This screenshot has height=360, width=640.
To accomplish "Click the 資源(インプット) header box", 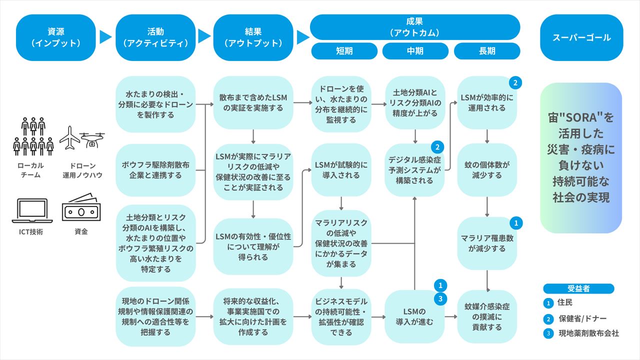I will coord(55,37).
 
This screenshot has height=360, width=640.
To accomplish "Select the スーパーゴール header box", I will coord(581,37).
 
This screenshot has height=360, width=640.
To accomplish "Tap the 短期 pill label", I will coord(343,51).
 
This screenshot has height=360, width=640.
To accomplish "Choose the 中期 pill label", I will coord(415,51).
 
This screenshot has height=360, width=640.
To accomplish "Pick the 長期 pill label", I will coord(487,51).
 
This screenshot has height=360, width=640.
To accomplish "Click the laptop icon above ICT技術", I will coord(32,210).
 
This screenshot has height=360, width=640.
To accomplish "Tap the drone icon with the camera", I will coord(92,140).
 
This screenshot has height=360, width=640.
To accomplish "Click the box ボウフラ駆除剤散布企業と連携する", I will coord(155,170).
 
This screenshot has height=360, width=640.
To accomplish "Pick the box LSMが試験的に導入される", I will coord(341,170).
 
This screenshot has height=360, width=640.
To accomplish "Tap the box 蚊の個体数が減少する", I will coord(487,170).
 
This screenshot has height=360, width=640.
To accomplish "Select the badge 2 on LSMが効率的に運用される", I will coord(515,82).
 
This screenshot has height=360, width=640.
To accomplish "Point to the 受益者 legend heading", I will coord(578,288).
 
